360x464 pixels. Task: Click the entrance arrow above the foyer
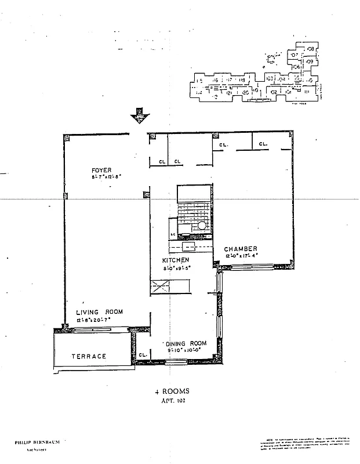point(139,116)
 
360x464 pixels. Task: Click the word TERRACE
point(89,356)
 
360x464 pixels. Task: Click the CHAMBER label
point(242,249)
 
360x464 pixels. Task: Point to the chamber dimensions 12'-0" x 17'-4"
point(242,256)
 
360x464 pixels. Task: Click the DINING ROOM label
point(187,343)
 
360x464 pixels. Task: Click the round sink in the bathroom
point(202,226)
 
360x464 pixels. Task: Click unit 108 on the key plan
point(311,49)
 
